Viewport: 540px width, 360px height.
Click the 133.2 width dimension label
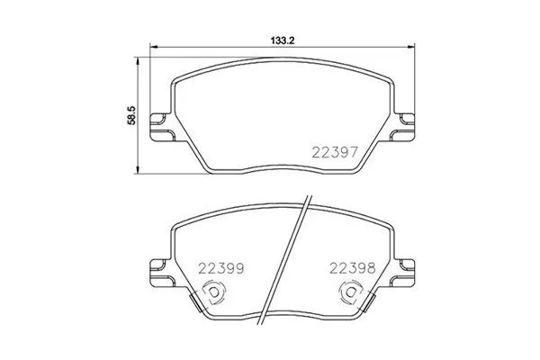click(283, 40)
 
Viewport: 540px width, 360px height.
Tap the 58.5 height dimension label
click(130, 116)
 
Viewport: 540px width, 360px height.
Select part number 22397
click(335, 152)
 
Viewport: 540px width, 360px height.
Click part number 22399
click(221, 267)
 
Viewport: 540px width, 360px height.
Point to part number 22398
click(351, 267)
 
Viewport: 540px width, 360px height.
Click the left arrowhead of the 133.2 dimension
click(152, 49)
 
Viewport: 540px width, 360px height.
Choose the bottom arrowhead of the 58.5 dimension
click(138, 170)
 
